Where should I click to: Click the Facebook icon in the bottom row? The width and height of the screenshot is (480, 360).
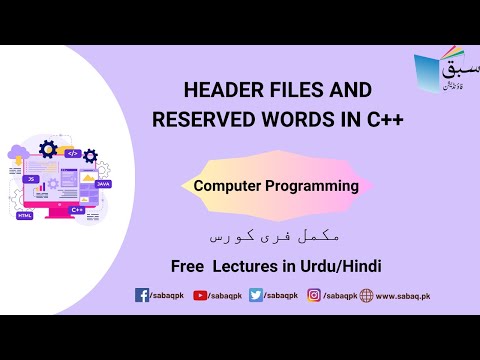click(142, 295)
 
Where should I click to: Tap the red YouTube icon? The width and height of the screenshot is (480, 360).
click(199, 295)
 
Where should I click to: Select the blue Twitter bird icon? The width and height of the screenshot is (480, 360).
click(256, 295)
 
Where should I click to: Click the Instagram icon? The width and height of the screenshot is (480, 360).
click(314, 295)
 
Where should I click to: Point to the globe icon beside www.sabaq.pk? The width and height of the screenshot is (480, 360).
click(366, 295)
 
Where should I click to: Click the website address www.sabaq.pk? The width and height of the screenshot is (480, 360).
click(402, 296)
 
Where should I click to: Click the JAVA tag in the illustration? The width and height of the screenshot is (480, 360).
click(102, 184)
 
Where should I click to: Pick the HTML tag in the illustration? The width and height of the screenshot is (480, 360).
click(24, 215)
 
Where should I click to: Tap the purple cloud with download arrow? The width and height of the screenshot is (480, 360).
click(18, 156)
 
